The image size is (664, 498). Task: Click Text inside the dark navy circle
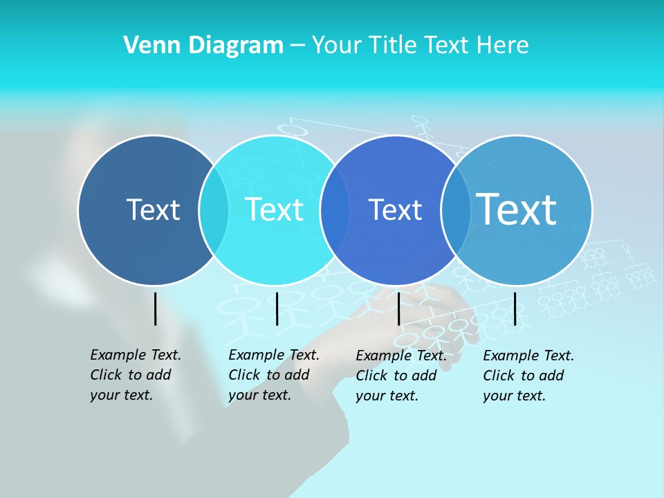coord(153,210)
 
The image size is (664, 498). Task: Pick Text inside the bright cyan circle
coord(274,210)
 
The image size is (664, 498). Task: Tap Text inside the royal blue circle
coord(395,210)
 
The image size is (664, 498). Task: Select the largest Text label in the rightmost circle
coord(517,209)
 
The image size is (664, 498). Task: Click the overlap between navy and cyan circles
coord(214,210)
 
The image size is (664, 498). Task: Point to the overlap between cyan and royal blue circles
coord(335,210)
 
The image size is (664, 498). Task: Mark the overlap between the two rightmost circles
coord(456,210)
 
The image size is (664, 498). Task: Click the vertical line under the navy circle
coord(155,308)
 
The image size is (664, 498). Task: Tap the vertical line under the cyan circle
coord(277,308)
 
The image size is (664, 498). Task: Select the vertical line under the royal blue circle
coord(399,308)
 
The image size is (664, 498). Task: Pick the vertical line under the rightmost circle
coord(515,308)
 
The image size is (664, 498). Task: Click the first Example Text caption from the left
coord(136,375)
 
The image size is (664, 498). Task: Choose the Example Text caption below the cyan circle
coord(274,375)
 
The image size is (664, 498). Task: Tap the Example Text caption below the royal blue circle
coord(401,376)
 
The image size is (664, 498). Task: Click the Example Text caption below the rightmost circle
coord(528,376)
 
